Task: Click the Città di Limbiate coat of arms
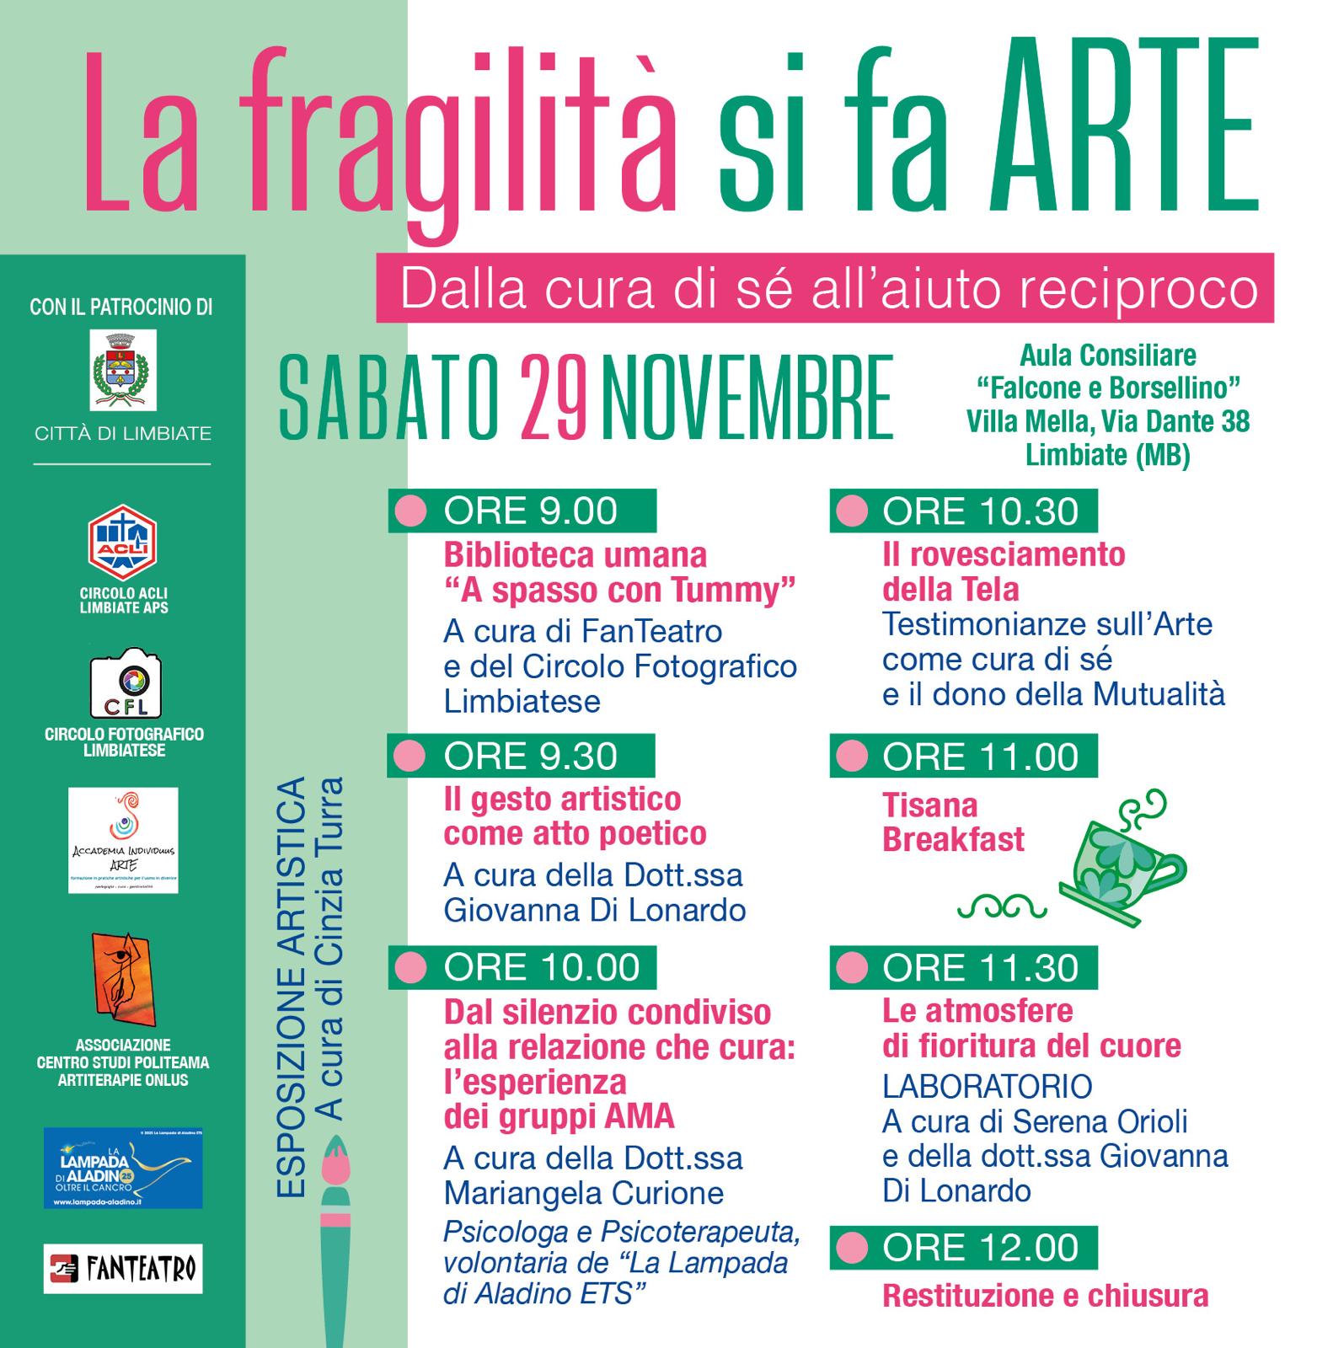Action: point(123,370)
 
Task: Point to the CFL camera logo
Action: point(126,683)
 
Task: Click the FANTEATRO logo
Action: point(123,1268)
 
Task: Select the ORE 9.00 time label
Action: point(530,511)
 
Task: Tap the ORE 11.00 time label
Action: point(980,756)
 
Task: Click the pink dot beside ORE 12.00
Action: point(852,1248)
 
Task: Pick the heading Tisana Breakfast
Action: point(953,822)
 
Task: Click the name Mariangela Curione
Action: point(583,1193)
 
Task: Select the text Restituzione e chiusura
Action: point(1045,1296)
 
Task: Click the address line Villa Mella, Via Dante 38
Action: point(1107,420)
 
